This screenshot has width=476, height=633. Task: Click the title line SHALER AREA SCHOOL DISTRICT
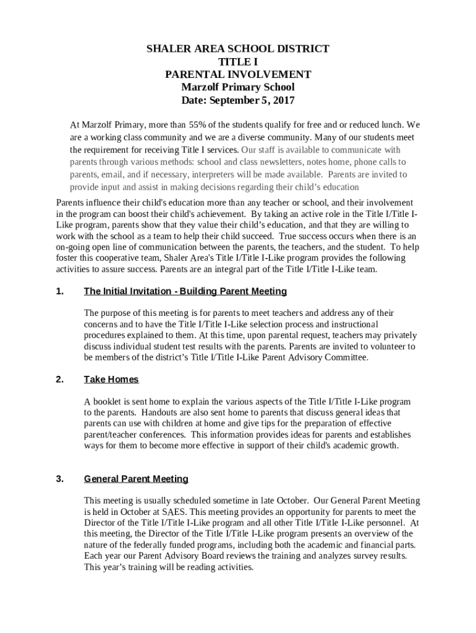pyautogui.click(x=238, y=49)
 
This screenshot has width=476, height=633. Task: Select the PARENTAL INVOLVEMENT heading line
pyautogui.click(x=238, y=75)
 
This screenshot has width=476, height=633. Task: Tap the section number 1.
pyautogui.click(x=59, y=291)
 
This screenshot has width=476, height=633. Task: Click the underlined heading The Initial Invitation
pyautogui.click(x=185, y=291)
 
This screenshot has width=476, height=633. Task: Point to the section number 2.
pyautogui.click(x=59, y=380)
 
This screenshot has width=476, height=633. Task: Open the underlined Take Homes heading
pyautogui.click(x=111, y=380)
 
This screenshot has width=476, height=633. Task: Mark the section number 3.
pyautogui.click(x=59, y=479)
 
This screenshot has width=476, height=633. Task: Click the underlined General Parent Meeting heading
pyautogui.click(x=136, y=479)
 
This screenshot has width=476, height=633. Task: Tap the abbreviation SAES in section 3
pyautogui.click(x=172, y=512)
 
